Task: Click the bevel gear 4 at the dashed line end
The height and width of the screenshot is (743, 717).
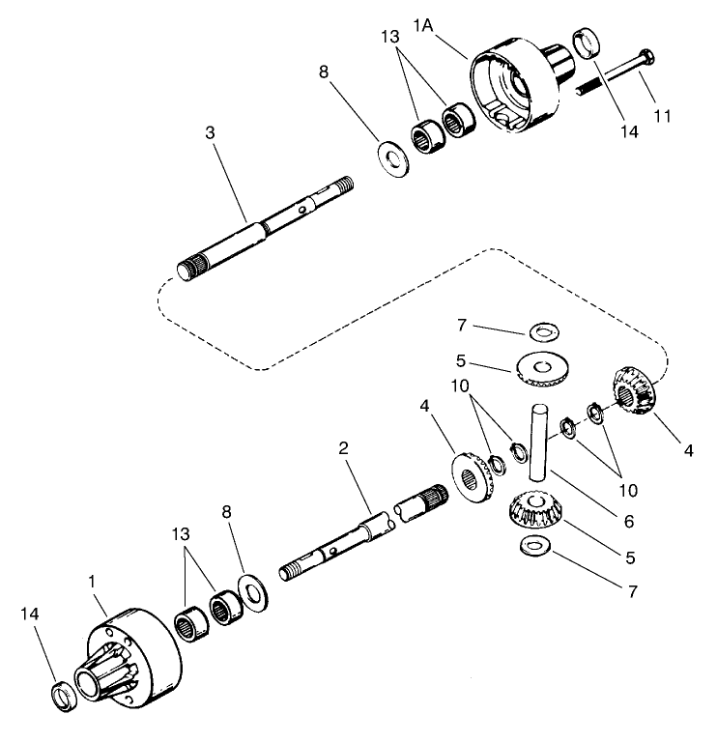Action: pyautogui.click(x=634, y=388)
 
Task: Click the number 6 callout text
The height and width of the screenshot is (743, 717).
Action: pyautogui.click(x=629, y=522)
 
